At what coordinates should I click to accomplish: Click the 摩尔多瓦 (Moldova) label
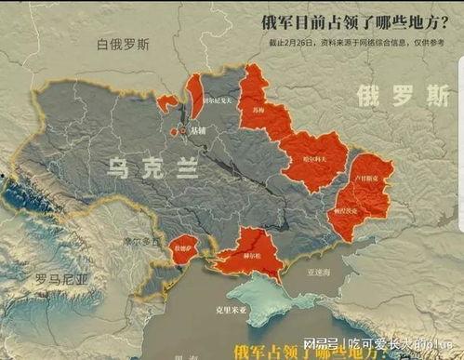(x=143, y=239)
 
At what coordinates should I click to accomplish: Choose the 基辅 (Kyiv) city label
(x=200, y=132)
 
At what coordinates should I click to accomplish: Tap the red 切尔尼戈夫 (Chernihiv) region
(x=197, y=95)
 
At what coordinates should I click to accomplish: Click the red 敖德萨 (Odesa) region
(x=179, y=249)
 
